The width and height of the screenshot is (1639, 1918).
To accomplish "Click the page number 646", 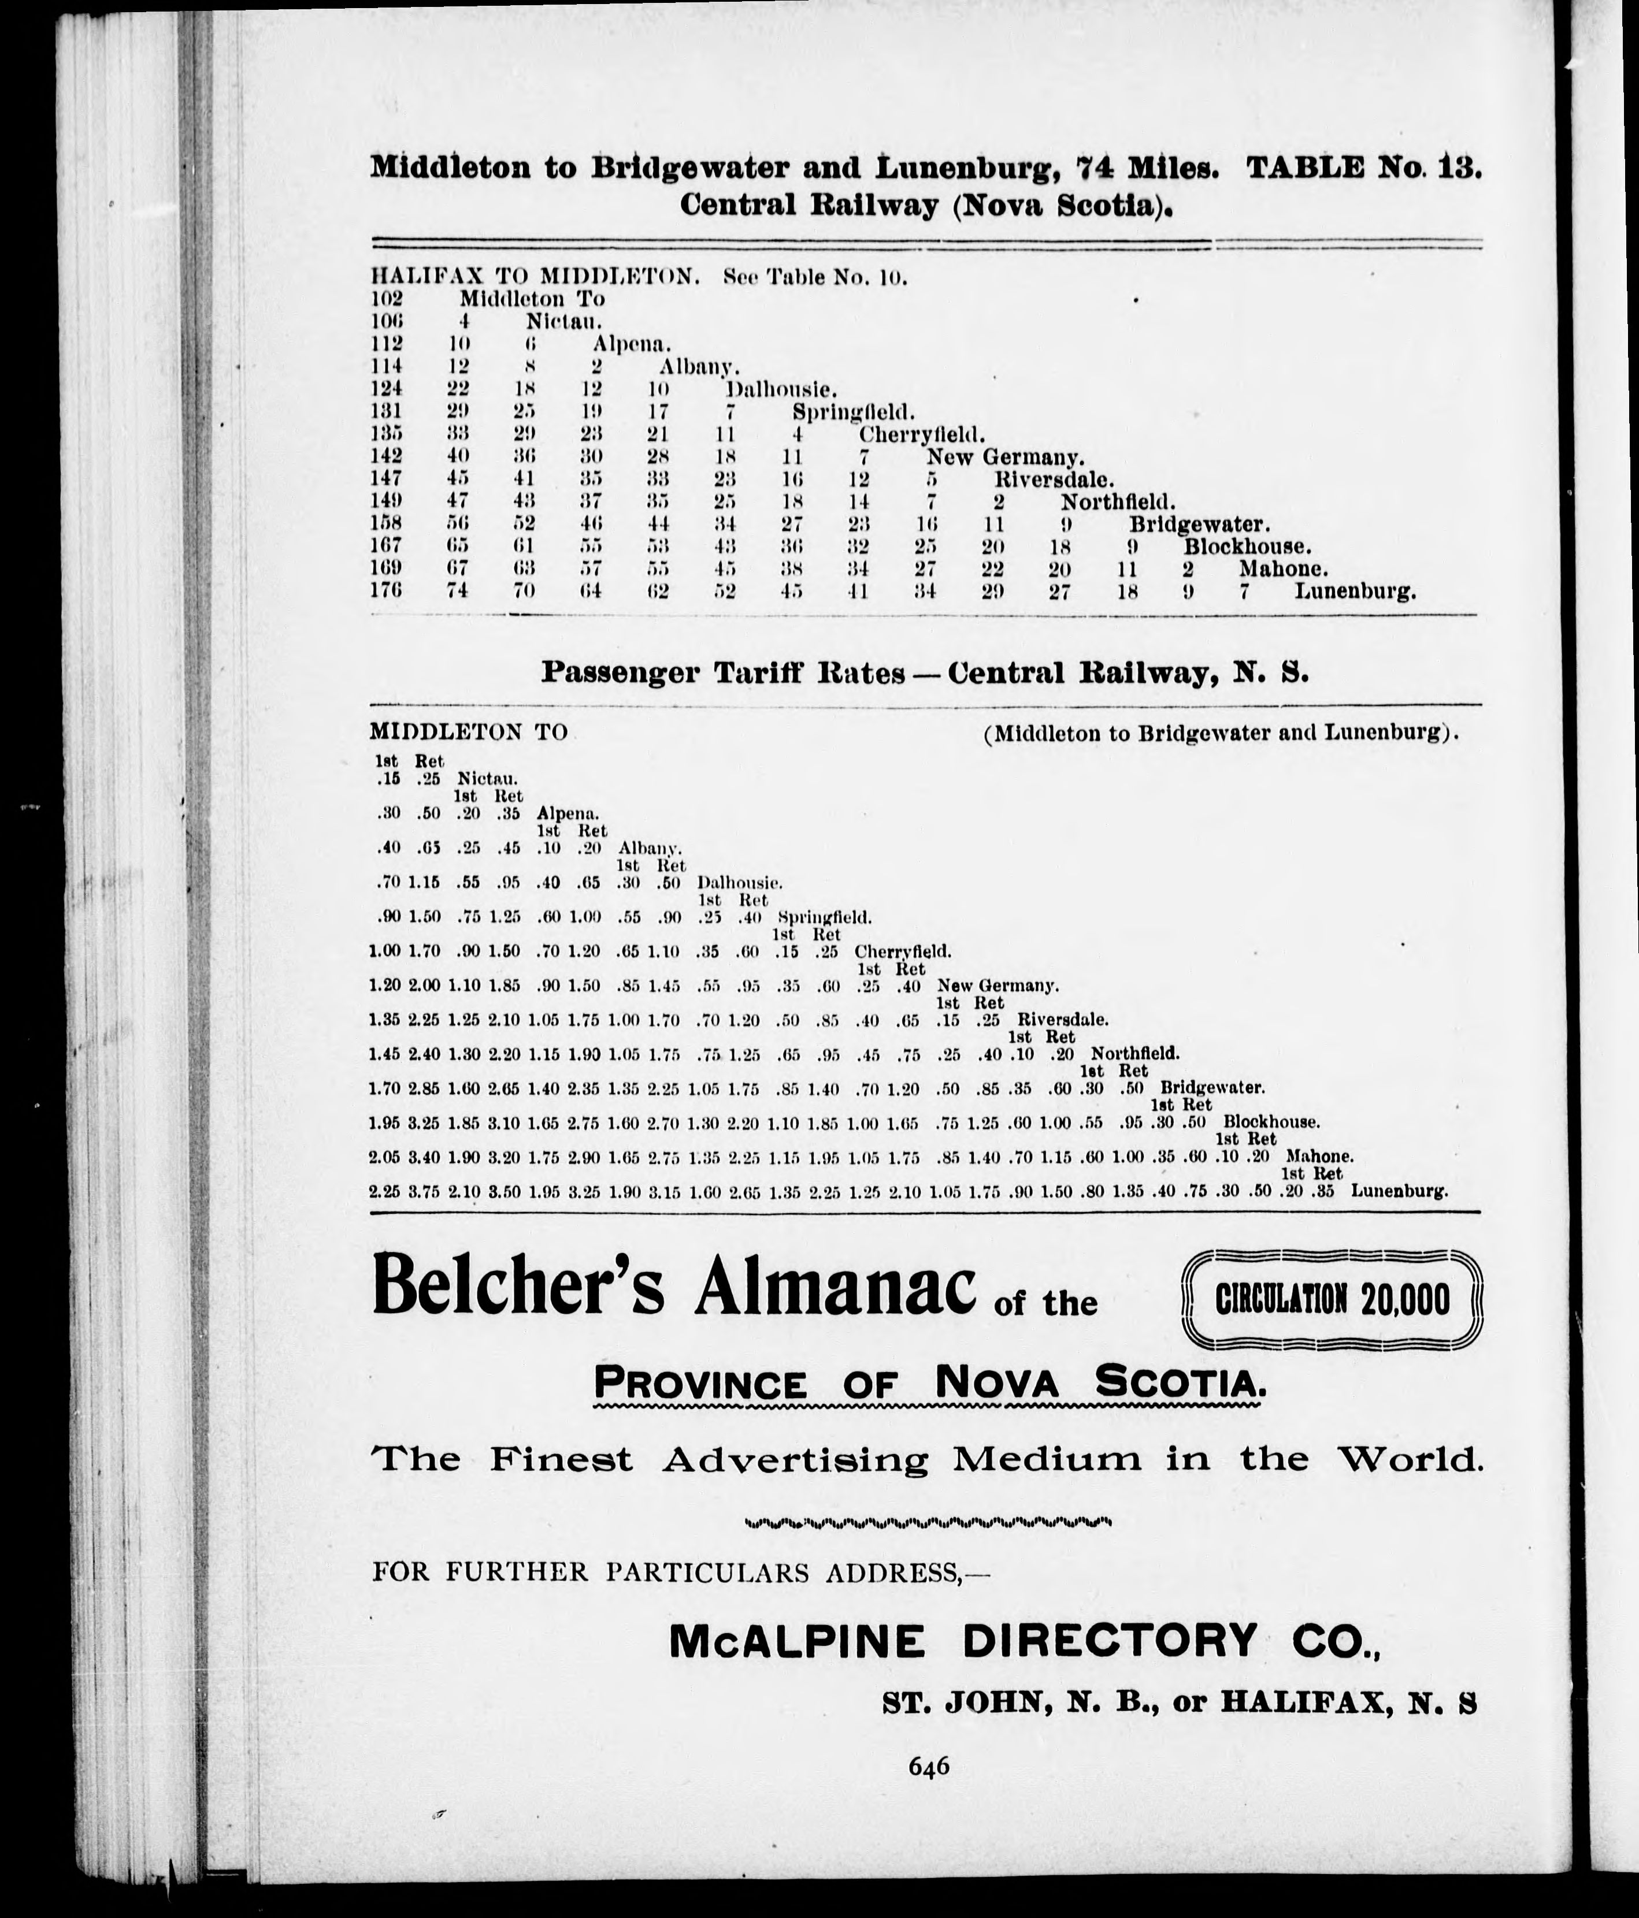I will [x=929, y=1766].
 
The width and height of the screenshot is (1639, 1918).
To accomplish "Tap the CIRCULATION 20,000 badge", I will [x=1333, y=1299].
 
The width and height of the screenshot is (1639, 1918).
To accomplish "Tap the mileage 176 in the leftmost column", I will [x=386, y=590].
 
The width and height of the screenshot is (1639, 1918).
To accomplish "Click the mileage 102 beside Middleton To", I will [x=386, y=299].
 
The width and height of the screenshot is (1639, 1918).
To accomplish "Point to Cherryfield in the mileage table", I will [x=921, y=434].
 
